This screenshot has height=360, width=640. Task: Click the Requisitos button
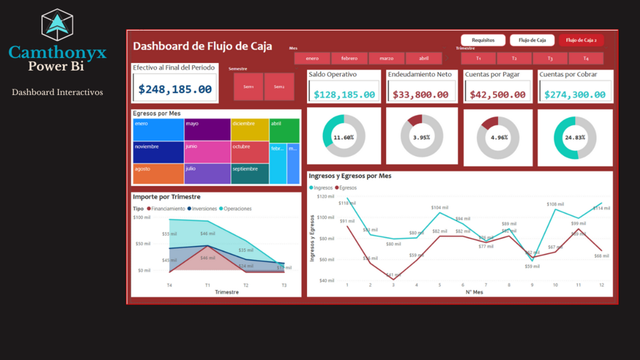coord(483,40)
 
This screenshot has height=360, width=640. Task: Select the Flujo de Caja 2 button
coord(581,40)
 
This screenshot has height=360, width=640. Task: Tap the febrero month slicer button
coord(349,59)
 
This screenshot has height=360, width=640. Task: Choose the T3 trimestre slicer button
coord(550,59)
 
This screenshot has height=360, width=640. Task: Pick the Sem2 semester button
coord(279,87)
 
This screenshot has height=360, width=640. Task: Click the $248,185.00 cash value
coord(175,89)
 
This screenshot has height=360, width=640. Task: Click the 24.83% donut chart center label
coord(574,138)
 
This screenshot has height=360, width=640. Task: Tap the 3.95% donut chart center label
coord(422,138)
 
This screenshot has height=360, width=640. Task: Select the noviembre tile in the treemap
coord(158,152)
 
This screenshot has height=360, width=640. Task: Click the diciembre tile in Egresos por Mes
coord(249,129)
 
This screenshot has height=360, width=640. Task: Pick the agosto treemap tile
coord(158,174)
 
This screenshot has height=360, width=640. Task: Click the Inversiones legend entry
coord(203,209)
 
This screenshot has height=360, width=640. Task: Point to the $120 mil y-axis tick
coord(326,197)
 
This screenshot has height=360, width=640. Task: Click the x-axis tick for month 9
coord(532,285)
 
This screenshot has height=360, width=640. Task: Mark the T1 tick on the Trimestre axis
coord(208,285)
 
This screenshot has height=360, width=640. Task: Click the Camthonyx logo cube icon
coord(57,25)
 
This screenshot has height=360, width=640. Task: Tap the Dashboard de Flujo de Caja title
coord(203,46)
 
